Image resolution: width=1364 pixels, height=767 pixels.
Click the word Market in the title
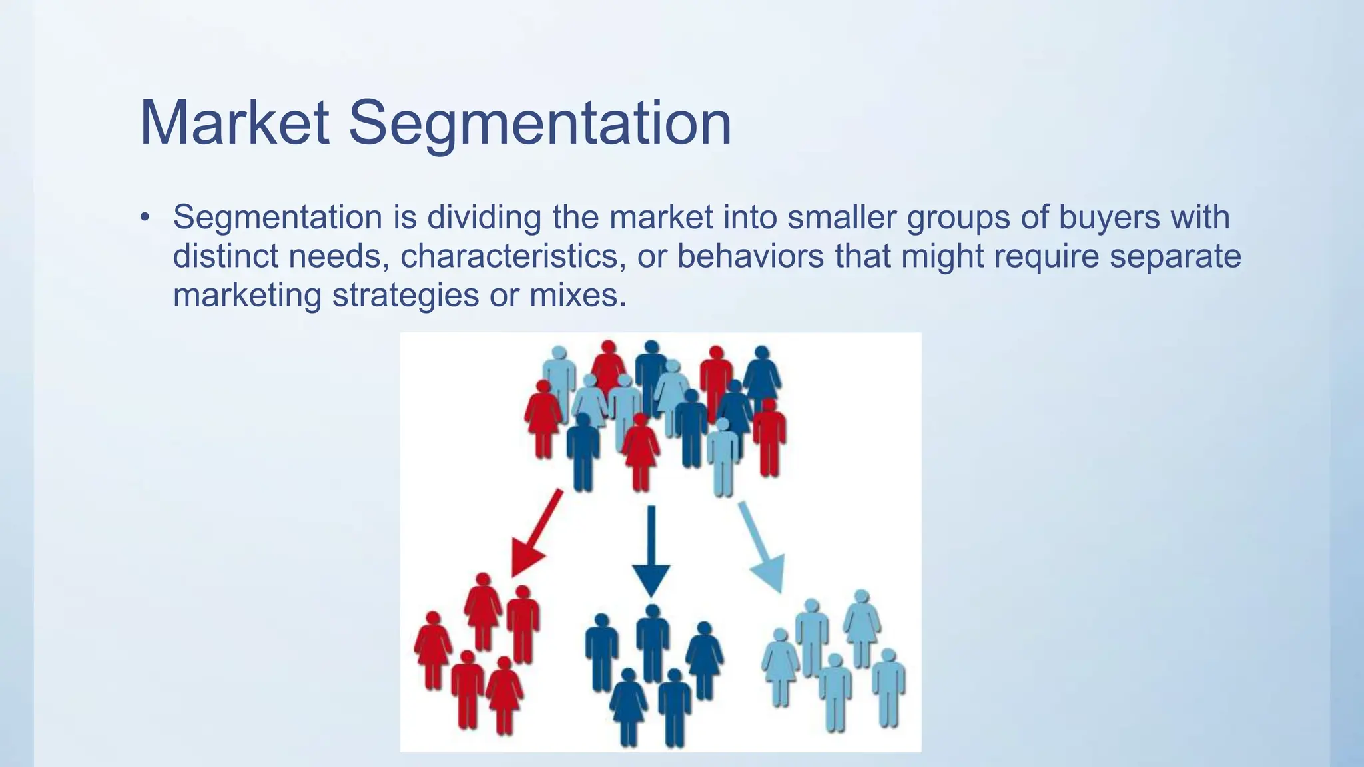click(234, 123)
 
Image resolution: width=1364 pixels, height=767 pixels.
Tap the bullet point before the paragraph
click(145, 218)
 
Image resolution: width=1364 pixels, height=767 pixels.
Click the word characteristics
click(513, 256)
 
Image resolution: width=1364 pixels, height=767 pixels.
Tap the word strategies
click(405, 295)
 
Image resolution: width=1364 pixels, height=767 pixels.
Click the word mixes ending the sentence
click(577, 295)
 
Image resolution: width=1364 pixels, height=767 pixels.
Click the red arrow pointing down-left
click(536, 533)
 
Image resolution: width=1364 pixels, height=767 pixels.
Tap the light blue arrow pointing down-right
click(763, 546)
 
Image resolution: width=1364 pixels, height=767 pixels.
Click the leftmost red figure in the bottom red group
click(433, 649)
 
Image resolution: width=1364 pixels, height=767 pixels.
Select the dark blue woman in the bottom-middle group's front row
click(627, 706)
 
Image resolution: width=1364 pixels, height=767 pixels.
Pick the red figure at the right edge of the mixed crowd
click(769, 436)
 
